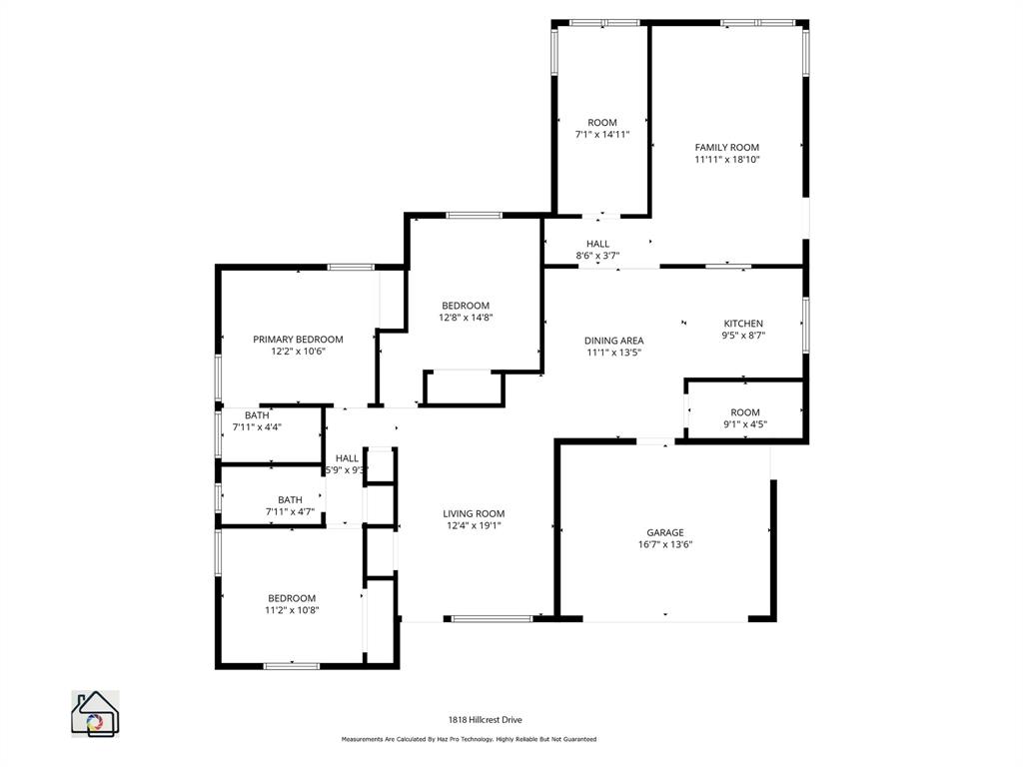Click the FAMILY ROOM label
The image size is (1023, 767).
727,147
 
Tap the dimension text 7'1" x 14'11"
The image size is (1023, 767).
601,134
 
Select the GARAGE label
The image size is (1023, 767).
665,532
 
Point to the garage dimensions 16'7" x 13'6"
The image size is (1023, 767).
665,544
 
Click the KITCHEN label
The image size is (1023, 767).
743,324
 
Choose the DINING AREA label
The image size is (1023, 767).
613,341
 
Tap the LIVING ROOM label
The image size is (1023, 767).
474,513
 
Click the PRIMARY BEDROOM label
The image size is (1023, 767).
298,340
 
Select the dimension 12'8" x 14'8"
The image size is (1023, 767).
466,318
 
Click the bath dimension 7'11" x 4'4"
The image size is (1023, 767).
257,426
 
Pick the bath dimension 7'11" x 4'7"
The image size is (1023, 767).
290,511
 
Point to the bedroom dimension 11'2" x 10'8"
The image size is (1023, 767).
292,609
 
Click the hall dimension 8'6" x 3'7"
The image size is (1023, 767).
597,256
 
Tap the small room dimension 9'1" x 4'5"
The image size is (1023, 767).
745,423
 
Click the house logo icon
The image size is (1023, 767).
94,713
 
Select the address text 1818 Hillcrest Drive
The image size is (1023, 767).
485,719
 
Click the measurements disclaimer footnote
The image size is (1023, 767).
469,739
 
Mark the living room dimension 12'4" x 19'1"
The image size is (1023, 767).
474,525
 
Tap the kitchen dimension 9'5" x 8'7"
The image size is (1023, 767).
743,336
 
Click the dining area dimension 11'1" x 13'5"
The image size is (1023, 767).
613,352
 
